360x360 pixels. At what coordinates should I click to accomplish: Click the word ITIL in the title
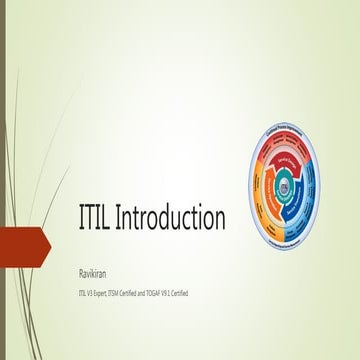[99, 217]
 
